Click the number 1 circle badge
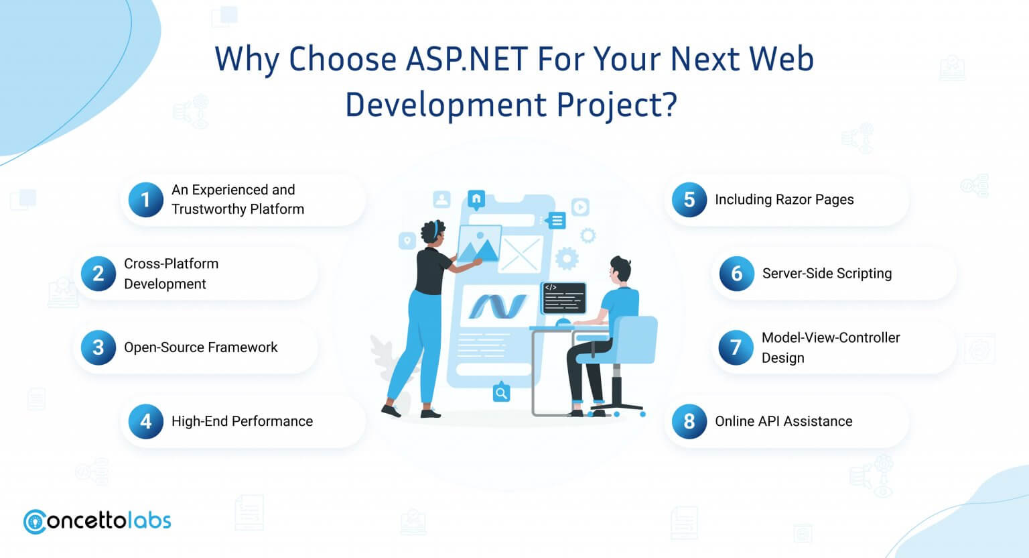145,200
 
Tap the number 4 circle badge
145,421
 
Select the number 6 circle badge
736,274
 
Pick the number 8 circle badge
689,421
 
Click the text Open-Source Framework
201,347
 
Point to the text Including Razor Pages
784,200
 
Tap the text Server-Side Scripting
827,274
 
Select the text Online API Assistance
784,421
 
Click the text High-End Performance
242,421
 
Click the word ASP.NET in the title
467,59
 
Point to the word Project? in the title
617,105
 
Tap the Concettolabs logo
97,522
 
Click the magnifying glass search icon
501,393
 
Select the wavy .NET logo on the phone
498,306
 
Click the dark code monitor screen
563,298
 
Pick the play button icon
580,207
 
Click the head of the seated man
620,271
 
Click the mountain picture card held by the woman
479,243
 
